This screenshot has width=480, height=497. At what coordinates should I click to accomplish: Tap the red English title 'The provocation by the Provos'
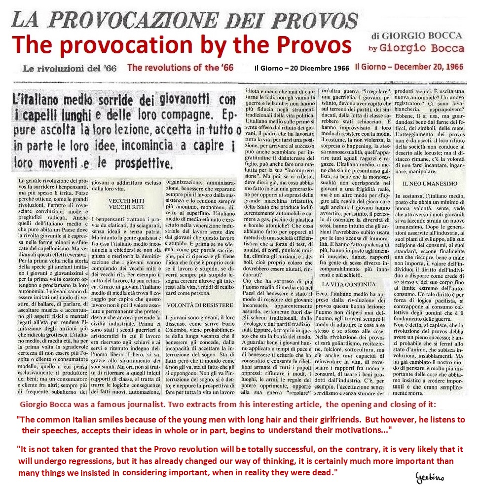click(x=182, y=45)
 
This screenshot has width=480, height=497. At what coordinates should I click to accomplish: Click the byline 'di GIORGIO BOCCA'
click(x=418, y=36)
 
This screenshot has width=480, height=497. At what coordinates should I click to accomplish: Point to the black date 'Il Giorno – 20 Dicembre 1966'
click(x=306, y=68)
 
